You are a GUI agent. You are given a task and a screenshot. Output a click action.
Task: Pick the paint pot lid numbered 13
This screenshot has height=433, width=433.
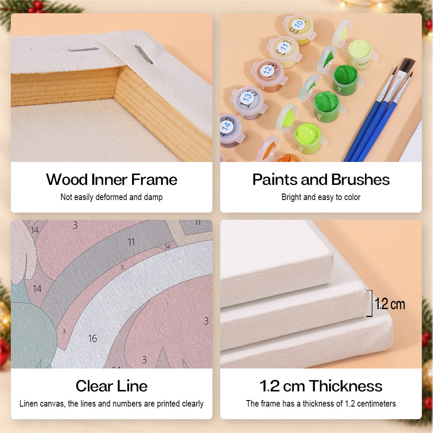pos(247,97)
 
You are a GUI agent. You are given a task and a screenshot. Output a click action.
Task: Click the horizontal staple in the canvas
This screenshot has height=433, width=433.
pos(83,50)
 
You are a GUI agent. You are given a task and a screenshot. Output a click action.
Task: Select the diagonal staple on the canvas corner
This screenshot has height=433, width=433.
pos(144,55)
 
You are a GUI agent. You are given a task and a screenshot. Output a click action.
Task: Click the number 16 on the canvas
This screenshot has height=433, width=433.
pos(93,339)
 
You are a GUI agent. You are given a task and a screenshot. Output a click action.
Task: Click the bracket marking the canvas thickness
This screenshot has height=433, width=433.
pos(370,303)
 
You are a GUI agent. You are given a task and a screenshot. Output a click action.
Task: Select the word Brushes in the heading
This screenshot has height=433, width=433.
pos(360,180)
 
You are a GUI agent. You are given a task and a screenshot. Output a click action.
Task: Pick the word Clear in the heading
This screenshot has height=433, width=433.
pos(94,386)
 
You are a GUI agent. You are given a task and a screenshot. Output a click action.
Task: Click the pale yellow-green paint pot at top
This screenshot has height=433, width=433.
pos(359,54)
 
